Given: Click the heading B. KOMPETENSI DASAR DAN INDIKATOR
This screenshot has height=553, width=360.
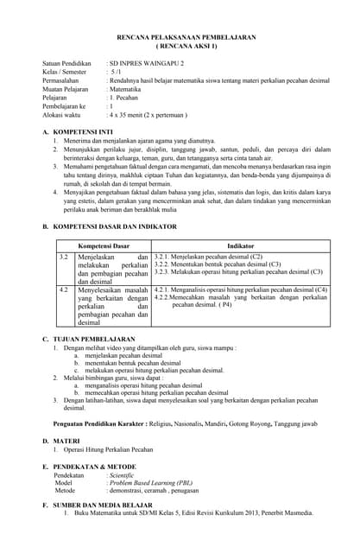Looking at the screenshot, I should click(x=114, y=226).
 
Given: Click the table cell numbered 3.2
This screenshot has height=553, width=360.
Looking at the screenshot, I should click(x=63, y=257).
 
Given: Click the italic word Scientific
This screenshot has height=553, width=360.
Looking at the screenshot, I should click(x=122, y=475).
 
